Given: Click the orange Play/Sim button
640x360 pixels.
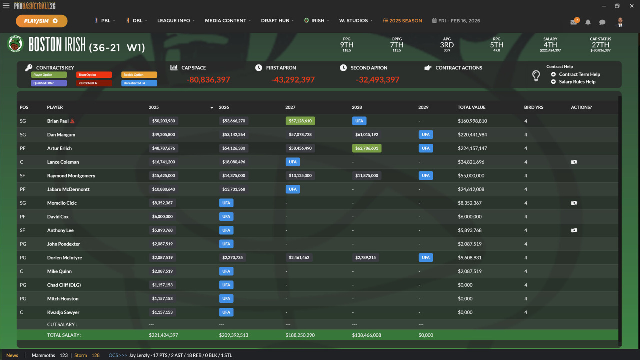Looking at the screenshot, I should coord(41,21).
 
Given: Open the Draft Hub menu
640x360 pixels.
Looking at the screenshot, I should coord(275,21).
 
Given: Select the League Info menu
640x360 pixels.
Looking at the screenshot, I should coord(173,21).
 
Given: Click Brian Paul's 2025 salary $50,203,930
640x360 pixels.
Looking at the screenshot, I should coord(163,121).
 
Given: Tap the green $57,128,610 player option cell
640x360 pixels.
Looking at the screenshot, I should coord(300,121).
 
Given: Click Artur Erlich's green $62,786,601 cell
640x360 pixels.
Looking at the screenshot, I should coord(367,148).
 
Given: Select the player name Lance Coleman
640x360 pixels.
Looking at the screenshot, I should coord(63,162).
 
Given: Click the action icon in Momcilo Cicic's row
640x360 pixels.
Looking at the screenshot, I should coord(574,203).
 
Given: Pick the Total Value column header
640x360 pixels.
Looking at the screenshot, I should coord(471,107).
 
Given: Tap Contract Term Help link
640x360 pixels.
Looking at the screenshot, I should coord(579,74).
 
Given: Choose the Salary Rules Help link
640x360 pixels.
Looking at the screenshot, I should coord(577,82).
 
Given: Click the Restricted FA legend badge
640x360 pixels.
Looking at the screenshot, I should coord(94,83).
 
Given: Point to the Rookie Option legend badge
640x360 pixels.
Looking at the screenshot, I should coord(139,75).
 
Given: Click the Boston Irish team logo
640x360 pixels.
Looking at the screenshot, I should coord(15,44).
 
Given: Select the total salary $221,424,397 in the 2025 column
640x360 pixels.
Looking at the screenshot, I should coord(163,335).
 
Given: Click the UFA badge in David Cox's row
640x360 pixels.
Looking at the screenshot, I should coord(226,217).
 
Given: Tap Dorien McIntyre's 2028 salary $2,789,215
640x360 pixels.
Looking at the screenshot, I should coord(365,258).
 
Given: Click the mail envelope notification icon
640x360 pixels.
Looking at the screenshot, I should coord(574,22).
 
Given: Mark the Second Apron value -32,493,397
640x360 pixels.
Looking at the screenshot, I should coord(378,80).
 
